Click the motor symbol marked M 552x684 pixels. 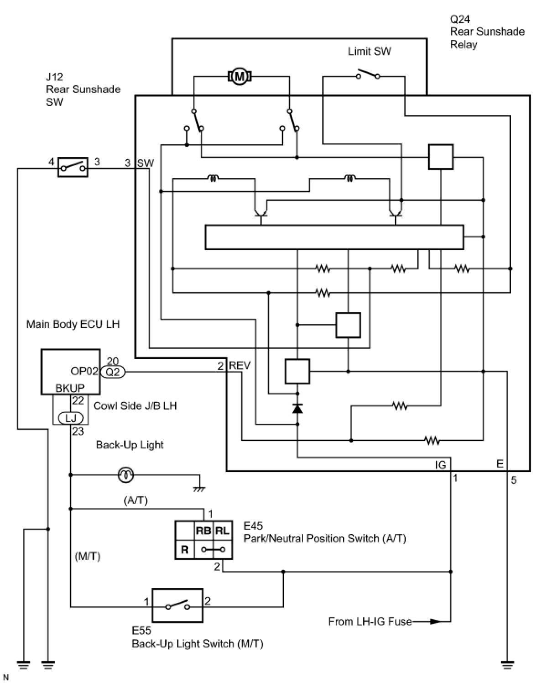click(239, 76)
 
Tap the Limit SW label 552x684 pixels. click(369, 51)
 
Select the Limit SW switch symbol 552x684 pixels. click(368, 74)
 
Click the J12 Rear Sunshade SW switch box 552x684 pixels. click(73, 168)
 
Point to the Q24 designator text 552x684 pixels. click(460, 19)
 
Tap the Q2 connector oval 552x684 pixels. click(113, 372)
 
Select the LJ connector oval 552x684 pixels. click(71, 417)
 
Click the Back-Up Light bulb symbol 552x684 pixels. click(125, 475)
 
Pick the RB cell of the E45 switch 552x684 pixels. click(203, 531)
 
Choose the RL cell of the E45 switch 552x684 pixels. click(222, 531)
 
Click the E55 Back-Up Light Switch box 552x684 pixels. click(177, 605)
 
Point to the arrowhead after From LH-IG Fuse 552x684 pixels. click(435, 621)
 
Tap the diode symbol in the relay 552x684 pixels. click(297, 408)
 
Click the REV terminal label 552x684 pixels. click(240, 365)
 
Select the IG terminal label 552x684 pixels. click(441, 464)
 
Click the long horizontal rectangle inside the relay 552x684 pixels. click(334, 237)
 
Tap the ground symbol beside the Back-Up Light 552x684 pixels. click(199, 489)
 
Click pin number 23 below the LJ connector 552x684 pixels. click(78, 431)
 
